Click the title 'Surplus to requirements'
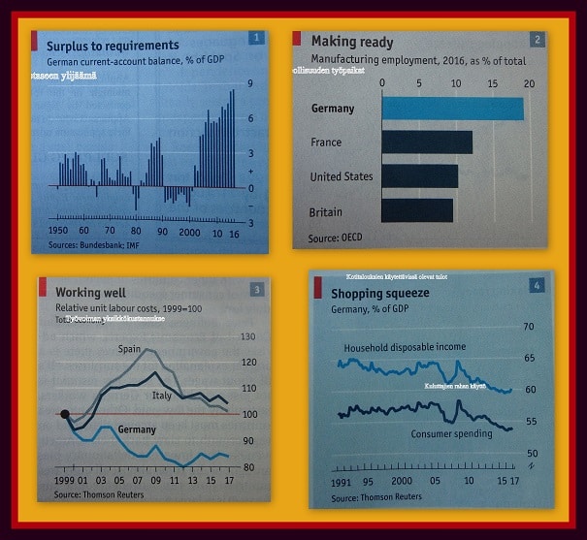[x=113, y=46]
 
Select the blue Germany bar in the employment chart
[x=452, y=109]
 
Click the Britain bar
[x=417, y=209]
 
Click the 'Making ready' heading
[x=352, y=42]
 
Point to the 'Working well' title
[x=90, y=292]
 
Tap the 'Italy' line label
[x=162, y=397]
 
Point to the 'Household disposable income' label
[x=405, y=347]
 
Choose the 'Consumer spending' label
[x=451, y=433]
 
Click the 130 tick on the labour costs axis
[x=247, y=336]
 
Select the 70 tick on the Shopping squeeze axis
[x=530, y=327]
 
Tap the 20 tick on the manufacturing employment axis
[x=529, y=82]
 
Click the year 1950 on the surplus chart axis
[x=56, y=233]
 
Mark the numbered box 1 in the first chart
[x=256, y=39]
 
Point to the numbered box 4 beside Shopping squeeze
[x=537, y=285]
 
